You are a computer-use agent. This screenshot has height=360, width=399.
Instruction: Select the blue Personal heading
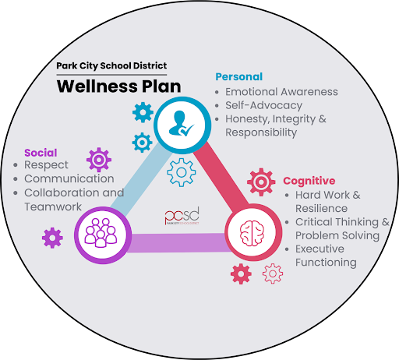pos(238,76)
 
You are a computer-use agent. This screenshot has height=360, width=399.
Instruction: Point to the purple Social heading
pos(41,152)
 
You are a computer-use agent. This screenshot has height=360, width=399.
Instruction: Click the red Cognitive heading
pos(309,181)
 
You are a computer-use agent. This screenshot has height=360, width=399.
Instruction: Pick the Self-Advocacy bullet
pos(263,105)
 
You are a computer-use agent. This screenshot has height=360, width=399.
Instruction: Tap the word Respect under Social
pos(46,165)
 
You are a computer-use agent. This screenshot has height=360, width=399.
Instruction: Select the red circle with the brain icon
pos(251,231)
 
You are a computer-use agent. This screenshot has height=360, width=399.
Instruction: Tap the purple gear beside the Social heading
pos(99,160)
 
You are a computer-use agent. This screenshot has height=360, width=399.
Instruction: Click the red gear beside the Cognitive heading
pos(260,182)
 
